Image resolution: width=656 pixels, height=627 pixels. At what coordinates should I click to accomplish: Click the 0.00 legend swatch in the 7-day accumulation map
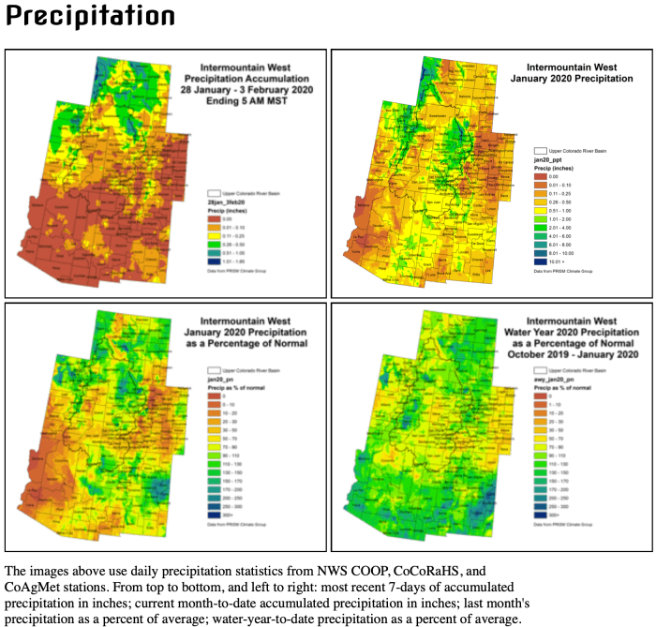(213, 216)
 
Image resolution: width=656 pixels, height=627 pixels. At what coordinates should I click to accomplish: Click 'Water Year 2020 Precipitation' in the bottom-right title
(572, 331)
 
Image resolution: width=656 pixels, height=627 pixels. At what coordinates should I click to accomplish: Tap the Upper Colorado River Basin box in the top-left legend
(212, 191)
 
